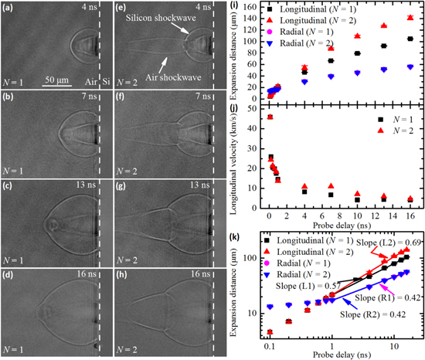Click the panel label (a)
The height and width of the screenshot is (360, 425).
pos(9,8)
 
